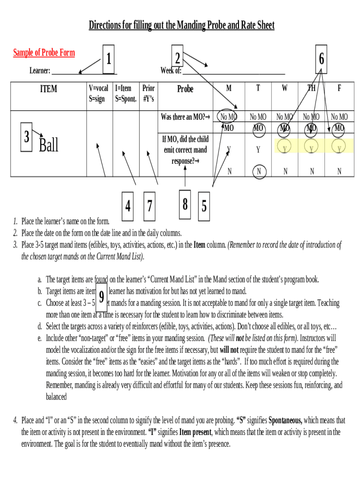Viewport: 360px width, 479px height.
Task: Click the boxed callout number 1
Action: click(108, 59)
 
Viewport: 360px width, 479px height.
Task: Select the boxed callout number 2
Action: click(177, 58)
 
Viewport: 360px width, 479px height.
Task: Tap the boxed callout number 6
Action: click(322, 59)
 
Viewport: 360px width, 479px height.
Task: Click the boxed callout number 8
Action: click(185, 204)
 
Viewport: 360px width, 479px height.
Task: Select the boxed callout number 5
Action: click(204, 205)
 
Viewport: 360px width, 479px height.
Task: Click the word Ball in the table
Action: click(49, 145)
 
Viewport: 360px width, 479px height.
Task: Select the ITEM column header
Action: click(49, 88)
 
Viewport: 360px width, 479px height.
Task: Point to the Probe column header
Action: click(185, 89)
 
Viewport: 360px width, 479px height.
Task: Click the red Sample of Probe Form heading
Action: click(44, 52)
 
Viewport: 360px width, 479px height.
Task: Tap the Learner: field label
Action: click(40, 71)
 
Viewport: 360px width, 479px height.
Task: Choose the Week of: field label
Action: click(171, 71)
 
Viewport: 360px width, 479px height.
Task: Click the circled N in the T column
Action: click(259, 172)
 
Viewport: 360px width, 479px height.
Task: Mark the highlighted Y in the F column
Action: click(339, 149)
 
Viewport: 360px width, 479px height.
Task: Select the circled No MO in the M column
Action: click(229, 117)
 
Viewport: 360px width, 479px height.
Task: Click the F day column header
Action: click(339, 88)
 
